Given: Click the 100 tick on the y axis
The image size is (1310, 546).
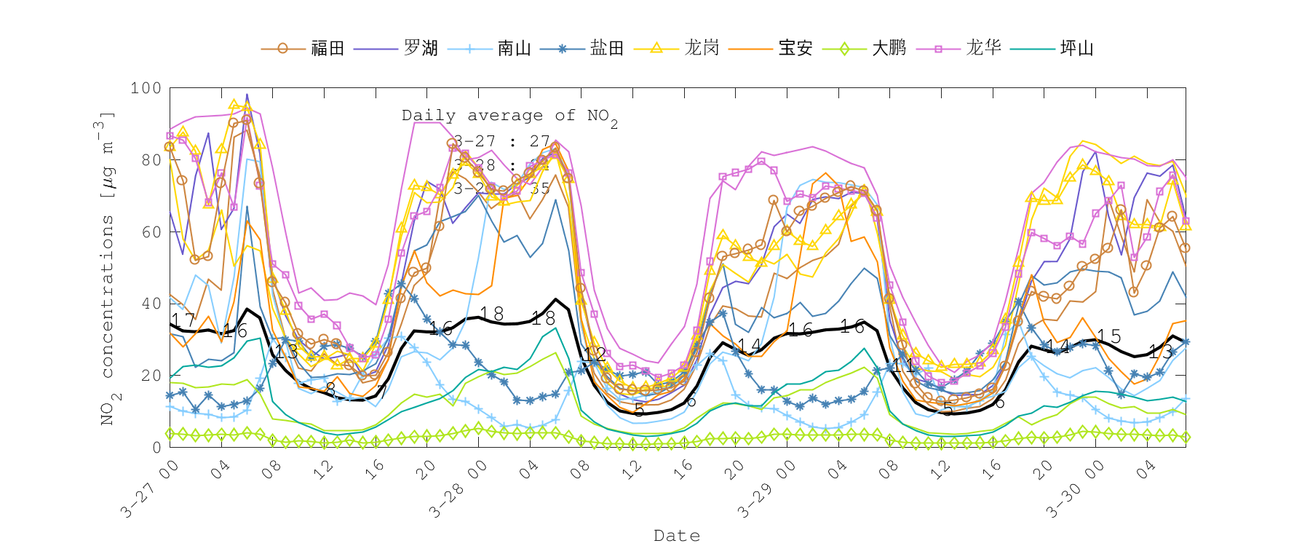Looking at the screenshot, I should tap(146, 88).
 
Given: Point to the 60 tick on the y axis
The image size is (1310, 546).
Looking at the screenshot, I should tap(151, 232).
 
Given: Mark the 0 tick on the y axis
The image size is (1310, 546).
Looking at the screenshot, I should tap(156, 447).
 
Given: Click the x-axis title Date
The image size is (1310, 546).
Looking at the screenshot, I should tap(677, 536).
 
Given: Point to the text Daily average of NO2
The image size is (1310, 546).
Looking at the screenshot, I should tap(509, 116).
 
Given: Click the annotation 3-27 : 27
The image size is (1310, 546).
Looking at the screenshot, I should tap(501, 141).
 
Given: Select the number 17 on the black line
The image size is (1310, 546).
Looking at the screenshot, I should tap(183, 320).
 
